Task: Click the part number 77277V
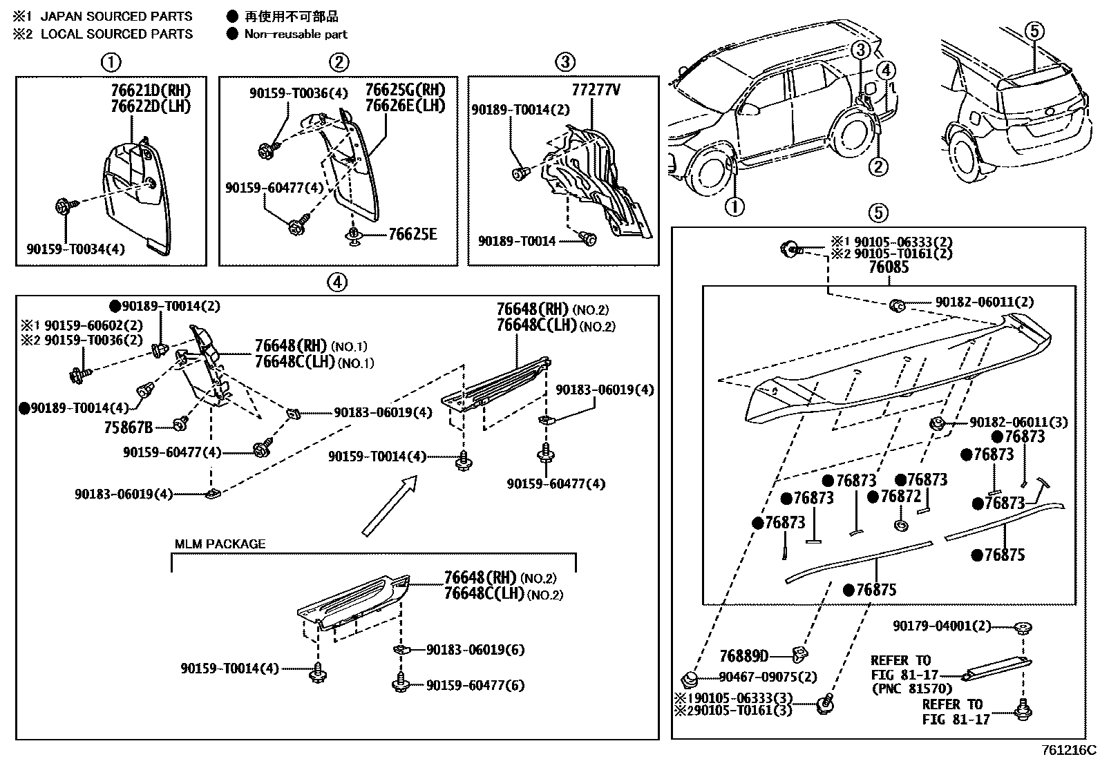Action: (x=596, y=90)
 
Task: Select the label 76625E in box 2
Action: (x=413, y=235)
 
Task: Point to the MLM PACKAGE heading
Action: (x=220, y=544)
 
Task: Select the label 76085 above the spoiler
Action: (x=889, y=267)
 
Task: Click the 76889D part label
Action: (x=743, y=655)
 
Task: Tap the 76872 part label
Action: (x=900, y=497)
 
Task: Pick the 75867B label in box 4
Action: (x=129, y=427)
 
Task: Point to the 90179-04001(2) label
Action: (x=941, y=626)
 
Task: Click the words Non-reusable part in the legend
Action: (x=296, y=34)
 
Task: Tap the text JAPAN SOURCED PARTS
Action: (x=116, y=16)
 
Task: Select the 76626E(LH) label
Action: (x=405, y=106)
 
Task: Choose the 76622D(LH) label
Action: (x=150, y=106)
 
